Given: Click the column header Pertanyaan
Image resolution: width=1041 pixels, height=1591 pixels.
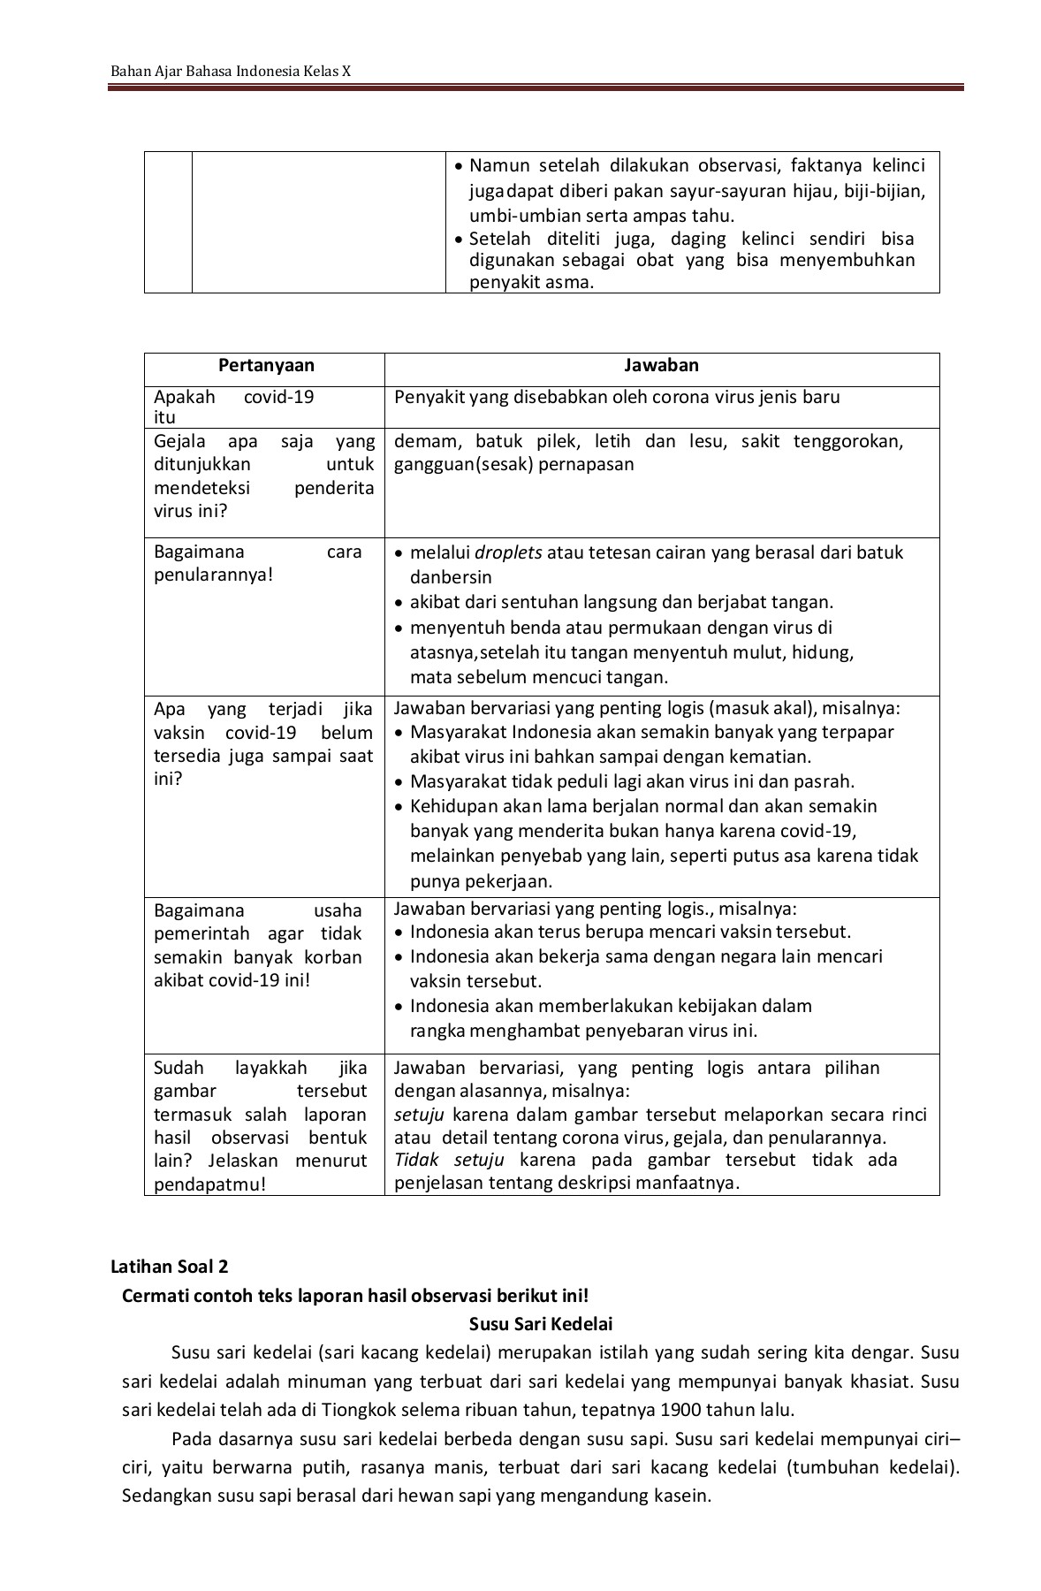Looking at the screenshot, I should pos(266,366).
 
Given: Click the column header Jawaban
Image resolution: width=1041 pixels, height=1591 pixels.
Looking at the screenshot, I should pos(661,366).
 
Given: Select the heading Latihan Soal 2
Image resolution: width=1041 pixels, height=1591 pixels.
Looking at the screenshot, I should pos(170,1267).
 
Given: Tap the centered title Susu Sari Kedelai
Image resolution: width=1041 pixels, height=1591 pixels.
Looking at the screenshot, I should pos(539,1324).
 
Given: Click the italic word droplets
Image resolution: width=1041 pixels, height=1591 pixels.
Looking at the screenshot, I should pos(508,553).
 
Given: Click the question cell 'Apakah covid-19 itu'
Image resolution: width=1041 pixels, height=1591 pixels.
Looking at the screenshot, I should pos(233,407).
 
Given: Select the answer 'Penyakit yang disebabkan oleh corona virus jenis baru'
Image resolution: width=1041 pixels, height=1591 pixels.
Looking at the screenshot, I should pos(616,397).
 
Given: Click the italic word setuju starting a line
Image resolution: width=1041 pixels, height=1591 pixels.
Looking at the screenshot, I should pos(419,1115).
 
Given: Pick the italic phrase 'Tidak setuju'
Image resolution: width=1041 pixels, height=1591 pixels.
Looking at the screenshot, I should pos(449,1160).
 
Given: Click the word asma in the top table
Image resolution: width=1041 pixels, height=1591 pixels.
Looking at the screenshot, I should pos(571,283).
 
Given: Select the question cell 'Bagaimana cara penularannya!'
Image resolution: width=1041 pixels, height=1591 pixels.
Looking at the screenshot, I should pos(257,563).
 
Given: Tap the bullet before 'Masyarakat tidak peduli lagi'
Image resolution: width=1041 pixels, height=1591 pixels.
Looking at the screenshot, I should pos(400,782).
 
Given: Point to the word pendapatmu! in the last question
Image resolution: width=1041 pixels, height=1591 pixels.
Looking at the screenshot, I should pos(209,1184).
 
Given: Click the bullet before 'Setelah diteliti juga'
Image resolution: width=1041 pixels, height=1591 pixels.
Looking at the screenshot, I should pos(458,240).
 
